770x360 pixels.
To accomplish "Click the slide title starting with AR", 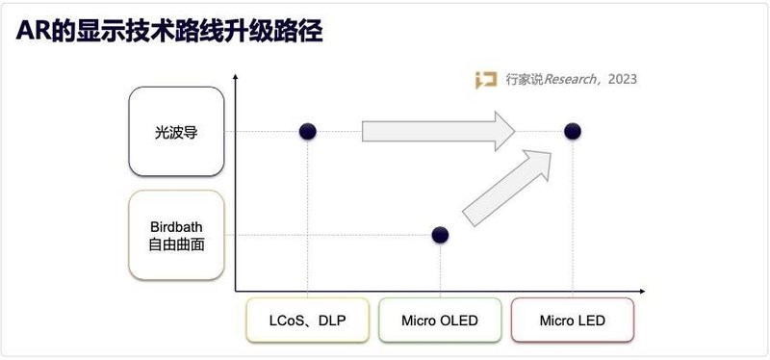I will click(168, 31).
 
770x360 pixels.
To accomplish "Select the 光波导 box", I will click(176, 131).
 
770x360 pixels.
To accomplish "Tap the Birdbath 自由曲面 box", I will click(176, 235).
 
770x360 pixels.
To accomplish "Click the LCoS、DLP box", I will click(307, 320).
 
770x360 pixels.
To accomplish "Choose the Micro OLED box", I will click(440, 320).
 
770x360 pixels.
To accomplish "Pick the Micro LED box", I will click(573, 320).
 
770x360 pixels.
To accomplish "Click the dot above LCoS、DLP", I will click(307, 131).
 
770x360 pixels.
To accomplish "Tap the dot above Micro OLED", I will click(440, 234).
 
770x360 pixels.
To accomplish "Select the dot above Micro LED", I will click(573, 131).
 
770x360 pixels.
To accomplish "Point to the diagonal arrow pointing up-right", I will click(510, 187).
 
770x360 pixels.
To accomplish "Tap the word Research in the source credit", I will click(573, 80).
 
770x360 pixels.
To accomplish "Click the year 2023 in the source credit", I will click(622, 80).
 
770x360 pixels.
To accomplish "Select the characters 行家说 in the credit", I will click(524, 80).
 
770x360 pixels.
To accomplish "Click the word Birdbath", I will click(176, 226).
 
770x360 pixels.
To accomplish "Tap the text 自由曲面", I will click(176, 244).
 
